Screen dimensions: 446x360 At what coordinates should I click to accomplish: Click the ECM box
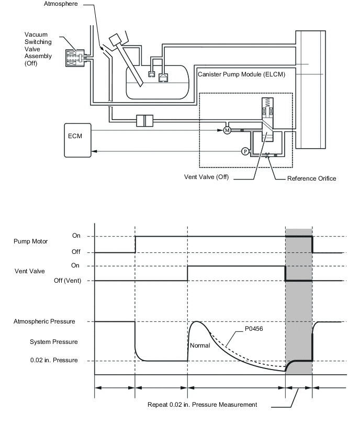(x=77, y=140)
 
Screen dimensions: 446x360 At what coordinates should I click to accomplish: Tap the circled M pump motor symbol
(x=227, y=130)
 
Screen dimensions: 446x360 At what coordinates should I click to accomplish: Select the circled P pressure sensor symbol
(x=244, y=151)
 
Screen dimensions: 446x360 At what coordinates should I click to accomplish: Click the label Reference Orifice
(x=311, y=179)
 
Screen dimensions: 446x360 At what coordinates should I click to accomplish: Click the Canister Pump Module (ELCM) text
(x=241, y=74)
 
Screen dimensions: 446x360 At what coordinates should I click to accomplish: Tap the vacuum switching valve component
(x=74, y=58)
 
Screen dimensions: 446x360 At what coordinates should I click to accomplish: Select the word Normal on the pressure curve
(x=200, y=345)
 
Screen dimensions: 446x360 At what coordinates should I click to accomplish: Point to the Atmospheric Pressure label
(x=44, y=321)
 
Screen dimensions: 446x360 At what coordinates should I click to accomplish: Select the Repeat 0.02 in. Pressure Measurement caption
(x=202, y=405)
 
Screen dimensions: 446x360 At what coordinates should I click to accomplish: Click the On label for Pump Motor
(x=76, y=236)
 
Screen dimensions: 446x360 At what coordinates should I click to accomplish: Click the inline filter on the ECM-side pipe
(x=143, y=120)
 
